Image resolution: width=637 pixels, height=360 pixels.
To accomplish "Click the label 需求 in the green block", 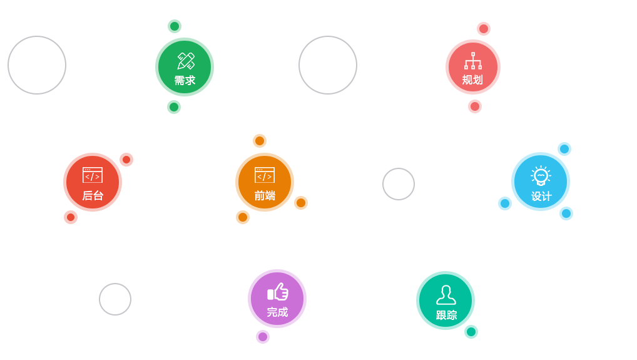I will point(185,81).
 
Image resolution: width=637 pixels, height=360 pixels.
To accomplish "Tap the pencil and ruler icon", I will point(186,61).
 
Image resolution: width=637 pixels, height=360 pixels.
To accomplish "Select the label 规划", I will point(472,80).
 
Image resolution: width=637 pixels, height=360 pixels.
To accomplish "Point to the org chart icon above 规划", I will point(473,61).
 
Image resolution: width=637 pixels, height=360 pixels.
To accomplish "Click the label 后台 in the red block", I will point(93,196).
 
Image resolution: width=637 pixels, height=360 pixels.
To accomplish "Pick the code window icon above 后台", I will point(93,175).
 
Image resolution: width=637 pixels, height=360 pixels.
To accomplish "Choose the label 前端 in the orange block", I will point(265,196).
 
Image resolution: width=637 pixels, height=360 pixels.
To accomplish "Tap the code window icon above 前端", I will point(265,175).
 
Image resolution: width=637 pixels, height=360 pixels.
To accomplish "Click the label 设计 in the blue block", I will point(541,197).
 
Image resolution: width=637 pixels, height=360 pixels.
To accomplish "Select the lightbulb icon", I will point(541,176).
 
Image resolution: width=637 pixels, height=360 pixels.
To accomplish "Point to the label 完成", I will point(277,312).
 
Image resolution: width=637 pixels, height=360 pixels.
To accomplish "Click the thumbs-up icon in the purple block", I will point(278,292).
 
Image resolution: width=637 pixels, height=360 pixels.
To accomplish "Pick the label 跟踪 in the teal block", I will point(446,315).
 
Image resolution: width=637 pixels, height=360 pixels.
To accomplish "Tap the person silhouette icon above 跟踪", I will point(446,295).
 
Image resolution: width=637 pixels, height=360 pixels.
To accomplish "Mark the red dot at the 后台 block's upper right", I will point(126,160).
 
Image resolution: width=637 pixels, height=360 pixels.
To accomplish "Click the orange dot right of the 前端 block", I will point(301,203).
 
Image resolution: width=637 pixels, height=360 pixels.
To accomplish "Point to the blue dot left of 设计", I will point(505,203).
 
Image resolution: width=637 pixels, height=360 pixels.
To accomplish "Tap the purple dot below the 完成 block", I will point(263,337).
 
